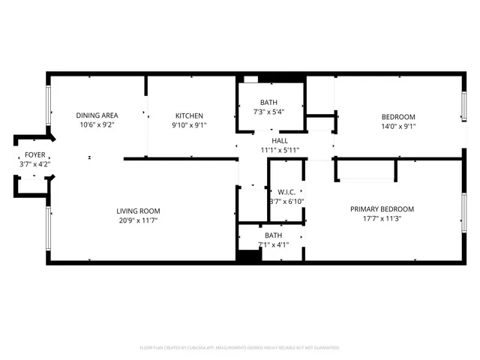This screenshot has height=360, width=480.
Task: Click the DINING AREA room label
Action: (x=97, y=115)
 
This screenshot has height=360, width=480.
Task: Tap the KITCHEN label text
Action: (x=189, y=115)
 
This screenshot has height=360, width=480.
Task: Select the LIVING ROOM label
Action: (x=138, y=211)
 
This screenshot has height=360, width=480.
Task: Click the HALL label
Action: (x=280, y=140)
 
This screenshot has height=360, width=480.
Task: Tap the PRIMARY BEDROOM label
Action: (x=382, y=209)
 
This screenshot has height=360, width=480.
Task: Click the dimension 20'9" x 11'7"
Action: (x=138, y=220)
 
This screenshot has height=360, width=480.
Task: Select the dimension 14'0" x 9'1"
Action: (x=398, y=126)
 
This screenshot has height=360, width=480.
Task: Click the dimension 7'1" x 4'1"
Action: (x=271, y=244)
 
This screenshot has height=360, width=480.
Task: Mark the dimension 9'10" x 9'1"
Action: (x=189, y=125)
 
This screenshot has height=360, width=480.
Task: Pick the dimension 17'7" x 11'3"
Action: (x=382, y=219)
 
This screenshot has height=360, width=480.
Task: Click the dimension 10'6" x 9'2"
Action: (x=97, y=125)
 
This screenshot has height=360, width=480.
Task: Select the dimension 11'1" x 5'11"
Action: (x=280, y=150)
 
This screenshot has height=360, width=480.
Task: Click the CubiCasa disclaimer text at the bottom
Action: (x=239, y=347)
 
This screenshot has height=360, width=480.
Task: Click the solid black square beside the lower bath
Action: (x=247, y=255)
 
